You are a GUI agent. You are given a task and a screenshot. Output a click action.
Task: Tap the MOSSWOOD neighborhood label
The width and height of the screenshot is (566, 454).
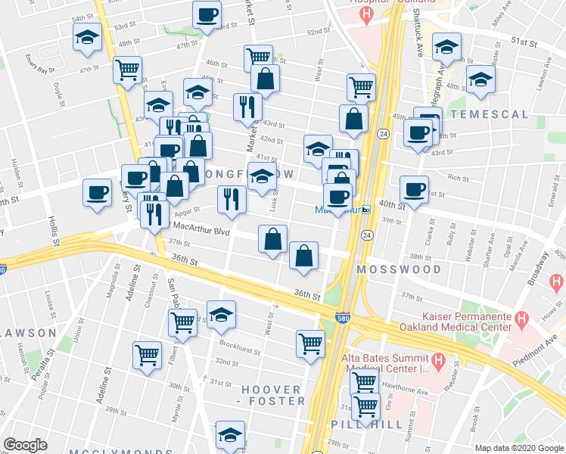(x=399, y=269)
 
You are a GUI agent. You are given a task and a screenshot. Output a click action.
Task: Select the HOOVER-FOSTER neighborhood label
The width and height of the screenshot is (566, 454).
(x=273, y=395)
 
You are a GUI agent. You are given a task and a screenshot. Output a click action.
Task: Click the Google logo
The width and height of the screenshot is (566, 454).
(x=25, y=445)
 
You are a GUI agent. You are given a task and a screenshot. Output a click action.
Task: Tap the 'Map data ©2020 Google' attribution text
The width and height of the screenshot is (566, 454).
(x=519, y=448)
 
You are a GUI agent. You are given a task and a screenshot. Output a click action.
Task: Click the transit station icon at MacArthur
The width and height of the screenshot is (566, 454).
(x=365, y=210)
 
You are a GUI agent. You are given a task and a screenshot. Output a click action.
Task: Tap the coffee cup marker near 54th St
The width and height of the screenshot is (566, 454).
(x=207, y=15)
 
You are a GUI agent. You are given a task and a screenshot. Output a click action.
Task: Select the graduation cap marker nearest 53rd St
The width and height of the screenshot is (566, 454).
(x=87, y=37)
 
